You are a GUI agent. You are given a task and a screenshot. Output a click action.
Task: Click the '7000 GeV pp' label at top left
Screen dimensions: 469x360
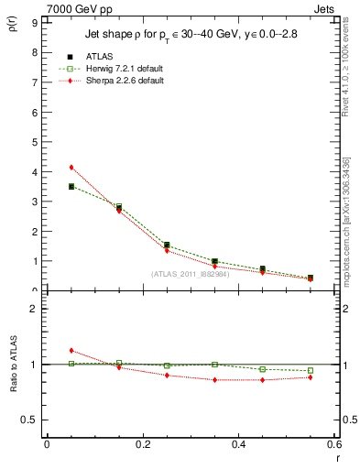click(34, 7)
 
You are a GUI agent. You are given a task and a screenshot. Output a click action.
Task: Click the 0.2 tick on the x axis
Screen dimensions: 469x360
click(142, 444)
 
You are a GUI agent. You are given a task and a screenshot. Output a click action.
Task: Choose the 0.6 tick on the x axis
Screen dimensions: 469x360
click(333, 444)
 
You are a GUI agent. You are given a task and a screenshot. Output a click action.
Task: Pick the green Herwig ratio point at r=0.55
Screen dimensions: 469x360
click(311, 371)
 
